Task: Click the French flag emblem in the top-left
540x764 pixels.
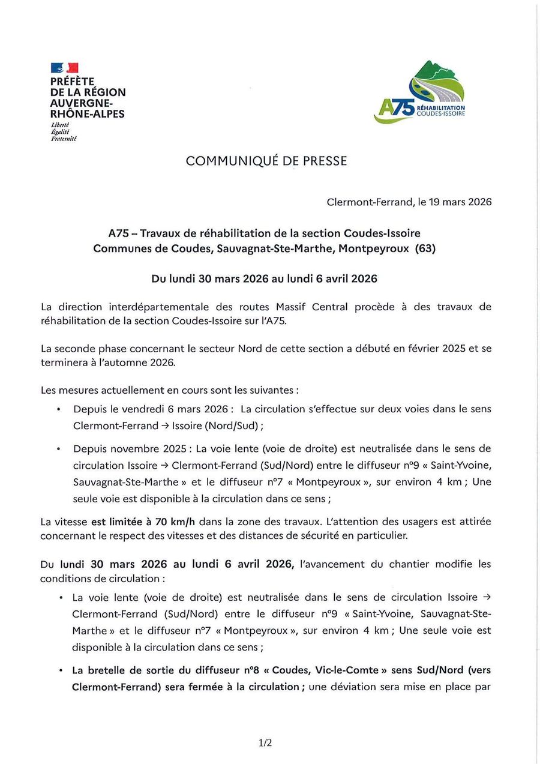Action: coord(64,68)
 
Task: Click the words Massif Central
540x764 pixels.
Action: coord(311,307)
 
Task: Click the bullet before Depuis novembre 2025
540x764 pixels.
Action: coord(58,449)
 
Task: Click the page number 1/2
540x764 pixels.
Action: coord(265,743)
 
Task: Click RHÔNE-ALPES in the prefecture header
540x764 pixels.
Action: coord(88,113)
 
